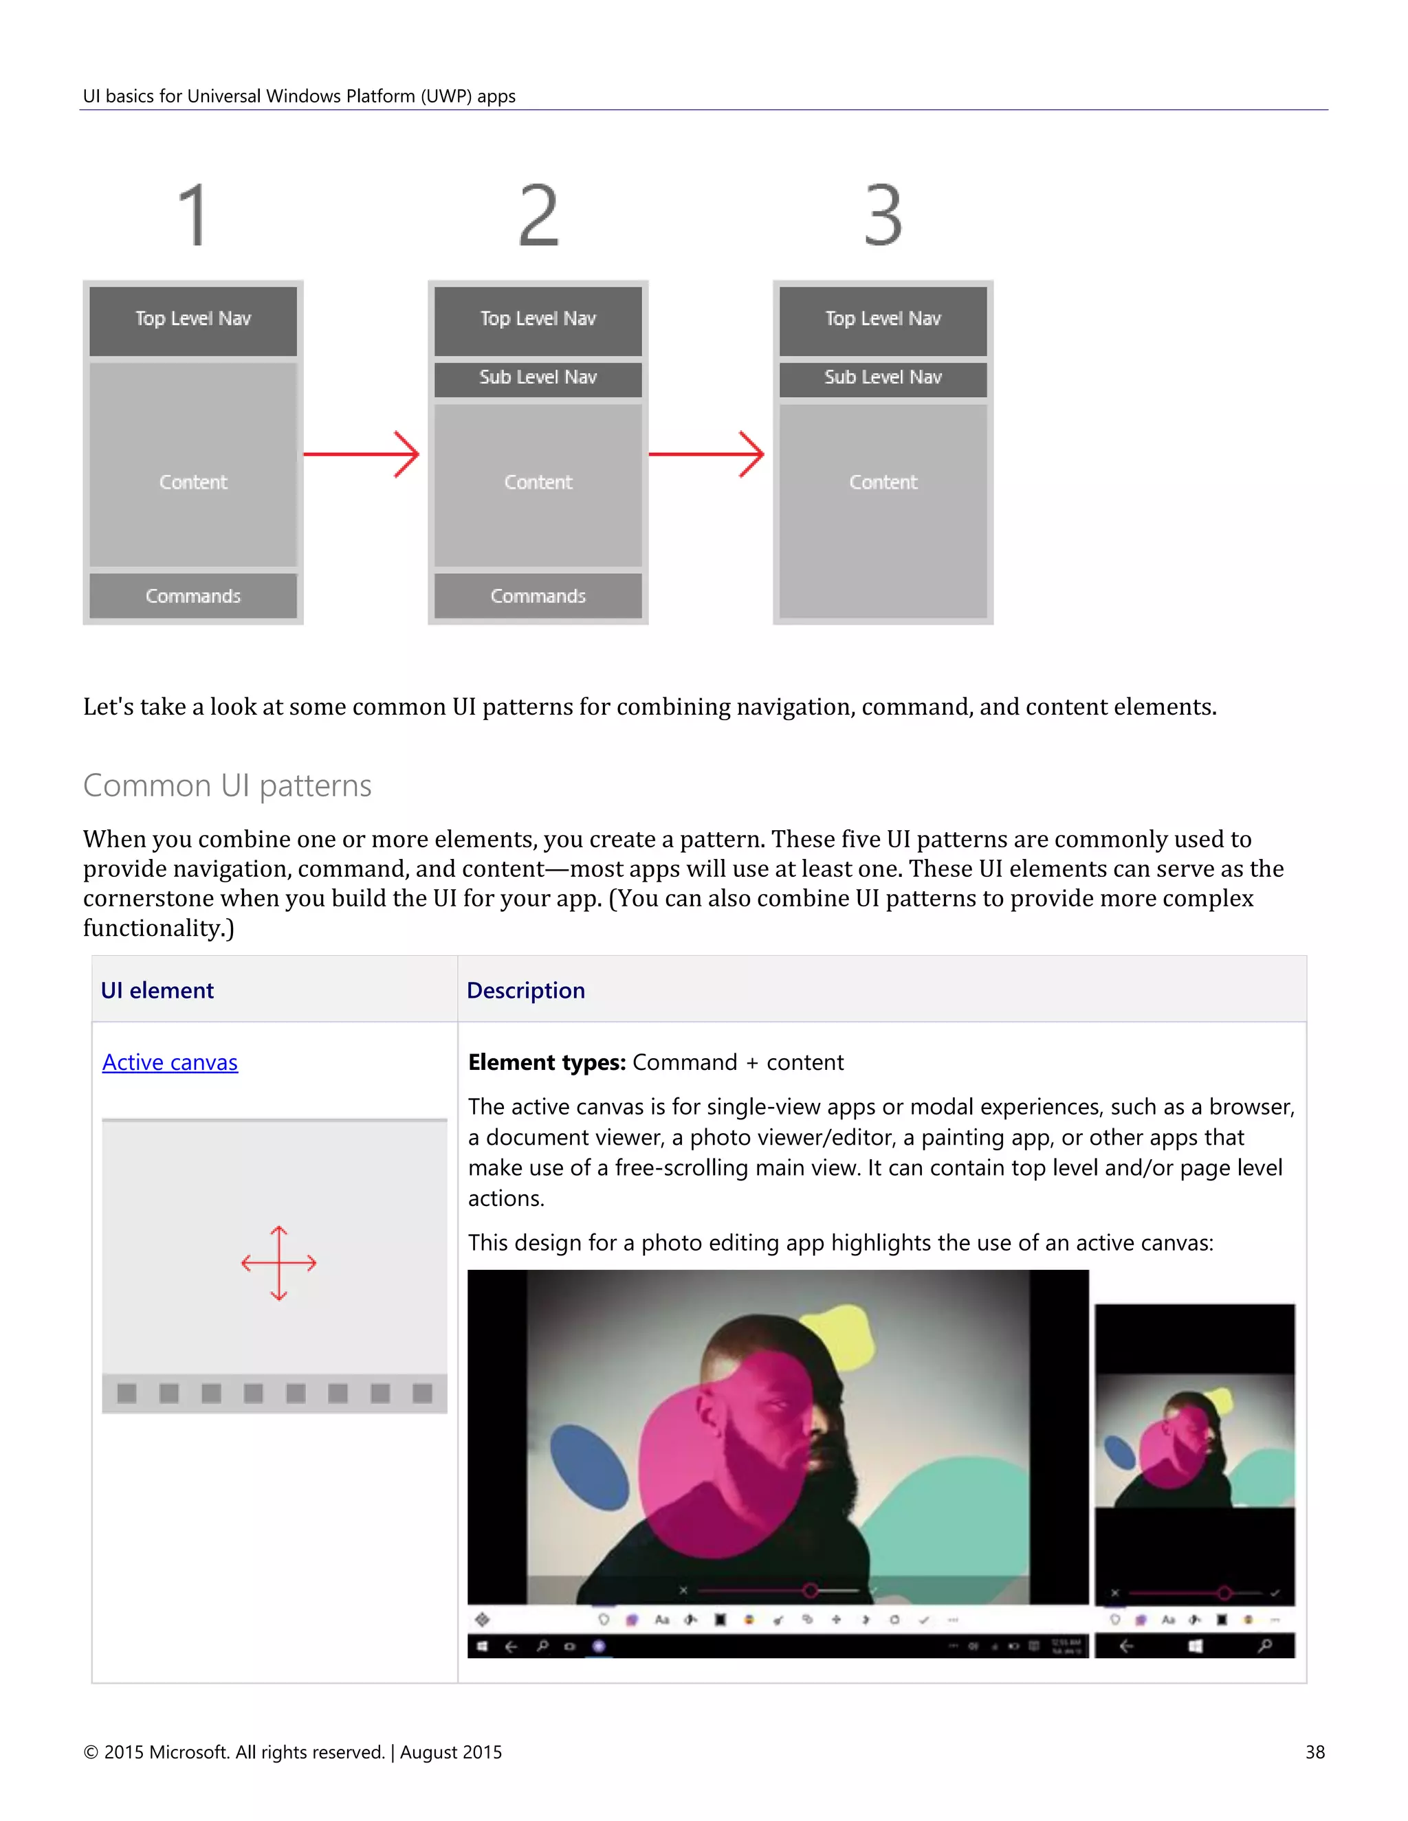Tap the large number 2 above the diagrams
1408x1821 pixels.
coord(538,216)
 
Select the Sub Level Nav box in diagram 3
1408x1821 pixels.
coord(883,378)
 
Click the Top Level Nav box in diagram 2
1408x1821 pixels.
coord(538,320)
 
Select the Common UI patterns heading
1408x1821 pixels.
coord(227,785)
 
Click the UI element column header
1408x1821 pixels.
coord(157,990)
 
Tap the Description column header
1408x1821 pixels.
coord(525,990)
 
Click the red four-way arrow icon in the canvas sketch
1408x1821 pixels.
coord(278,1262)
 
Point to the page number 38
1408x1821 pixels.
coord(1314,1752)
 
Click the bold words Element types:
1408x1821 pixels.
coord(547,1062)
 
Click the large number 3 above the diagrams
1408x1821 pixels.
coord(883,216)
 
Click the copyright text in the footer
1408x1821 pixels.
coord(292,1752)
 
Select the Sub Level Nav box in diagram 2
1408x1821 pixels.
coord(538,378)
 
